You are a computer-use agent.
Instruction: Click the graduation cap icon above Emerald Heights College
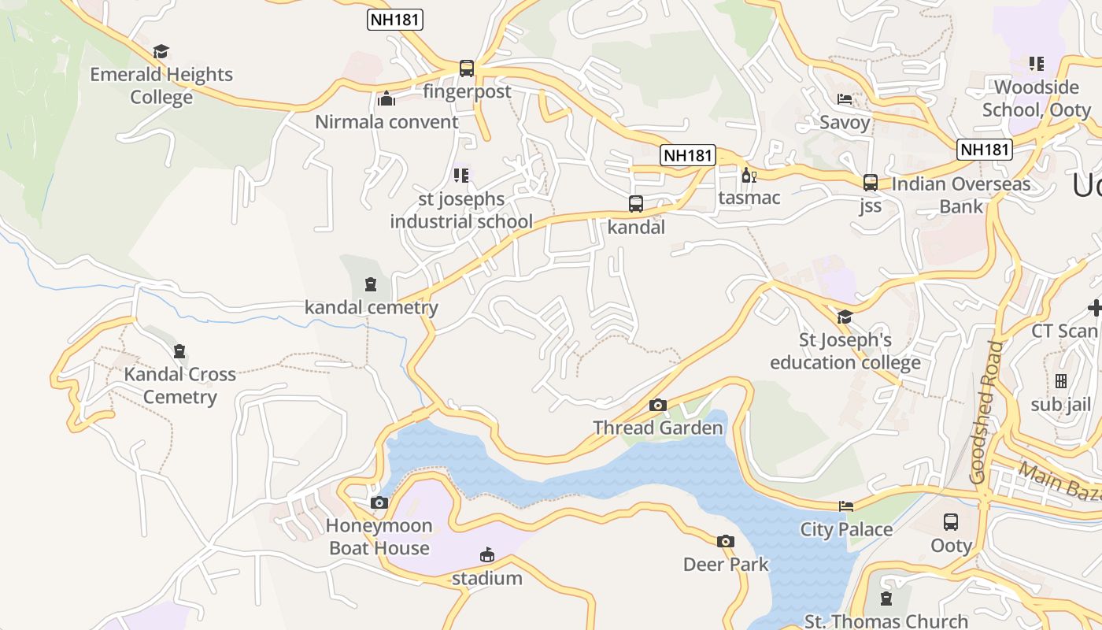tap(161, 52)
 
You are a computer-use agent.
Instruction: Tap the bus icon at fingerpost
tap(467, 69)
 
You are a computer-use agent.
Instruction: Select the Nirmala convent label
tap(386, 122)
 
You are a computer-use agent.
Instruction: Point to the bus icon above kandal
tap(636, 204)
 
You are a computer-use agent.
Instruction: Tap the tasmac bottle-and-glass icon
tap(749, 175)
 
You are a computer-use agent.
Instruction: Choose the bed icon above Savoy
tap(845, 99)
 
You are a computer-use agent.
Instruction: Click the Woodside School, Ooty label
tap(1037, 98)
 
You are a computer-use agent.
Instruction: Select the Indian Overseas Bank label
tap(961, 195)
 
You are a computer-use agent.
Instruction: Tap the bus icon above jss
tap(871, 183)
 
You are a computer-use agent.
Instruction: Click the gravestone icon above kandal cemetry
tap(371, 284)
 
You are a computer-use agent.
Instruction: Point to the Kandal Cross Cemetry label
tap(179, 385)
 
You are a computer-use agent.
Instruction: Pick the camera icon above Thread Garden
tap(658, 406)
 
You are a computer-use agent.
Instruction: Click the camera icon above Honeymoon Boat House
tap(379, 502)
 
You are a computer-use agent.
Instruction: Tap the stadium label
tap(487, 579)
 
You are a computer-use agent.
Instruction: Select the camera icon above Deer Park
tap(726, 541)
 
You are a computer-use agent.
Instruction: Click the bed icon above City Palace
tap(846, 506)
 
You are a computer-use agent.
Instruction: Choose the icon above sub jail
tap(1061, 381)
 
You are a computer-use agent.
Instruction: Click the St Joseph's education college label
tap(845, 351)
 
